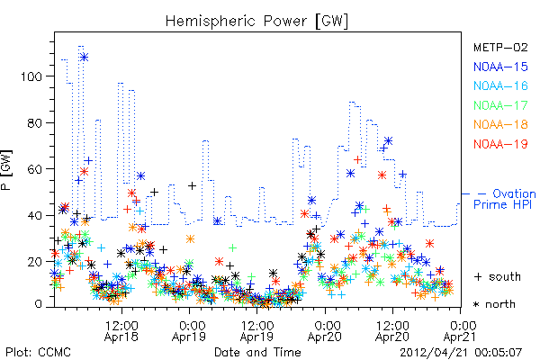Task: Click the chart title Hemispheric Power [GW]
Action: tap(256, 22)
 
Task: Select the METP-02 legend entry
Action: tap(500, 47)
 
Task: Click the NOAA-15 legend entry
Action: tap(500, 67)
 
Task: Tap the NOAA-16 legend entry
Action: tap(500, 85)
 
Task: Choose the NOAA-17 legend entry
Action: tap(500, 105)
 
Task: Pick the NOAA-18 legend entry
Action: tap(500, 124)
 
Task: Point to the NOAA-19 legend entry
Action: tap(500, 144)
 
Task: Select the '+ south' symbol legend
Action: tap(498, 276)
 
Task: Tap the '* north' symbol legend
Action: tap(494, 304)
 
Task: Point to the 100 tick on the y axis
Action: tap(31, 76)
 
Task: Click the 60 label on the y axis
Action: tap(35, 169)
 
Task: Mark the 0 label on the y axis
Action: tap(38, 304)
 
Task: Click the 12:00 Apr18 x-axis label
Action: tap(121, 331)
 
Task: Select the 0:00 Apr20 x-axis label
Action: tap(325, 331)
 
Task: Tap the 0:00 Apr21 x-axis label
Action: tap(461, 331)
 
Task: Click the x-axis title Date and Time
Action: tap(257, 353)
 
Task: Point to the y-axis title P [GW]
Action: tap(6, 169)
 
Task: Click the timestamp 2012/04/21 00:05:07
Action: tap(461, 353)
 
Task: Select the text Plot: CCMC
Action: tap(38, 353)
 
